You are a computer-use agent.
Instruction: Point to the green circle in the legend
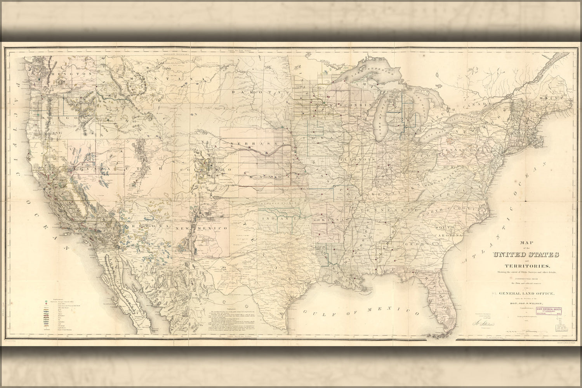(x=47, y=300)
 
